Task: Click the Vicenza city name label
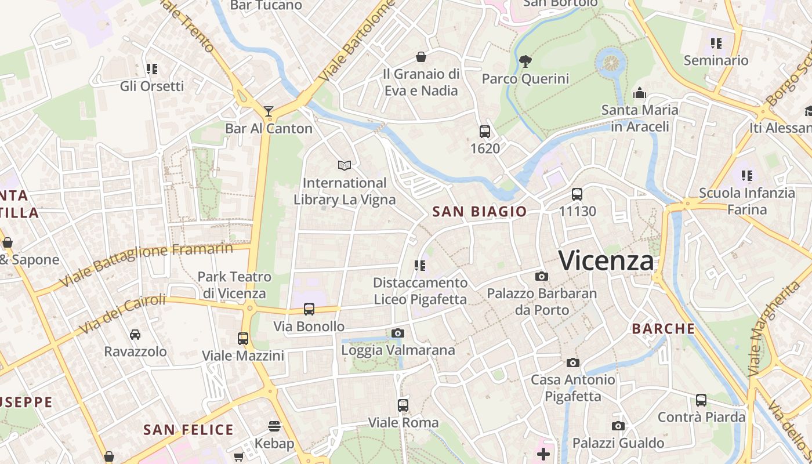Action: (x=606, y=260)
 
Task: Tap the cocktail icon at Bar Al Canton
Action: (x=269, y=111)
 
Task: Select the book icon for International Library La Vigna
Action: (x=345, y=165)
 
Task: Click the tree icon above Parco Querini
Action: (x=525, y=60)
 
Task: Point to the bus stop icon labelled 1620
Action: (x=485, y=131)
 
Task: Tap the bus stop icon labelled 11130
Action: (x=577, y=194)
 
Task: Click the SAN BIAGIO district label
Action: (x=479, y=212)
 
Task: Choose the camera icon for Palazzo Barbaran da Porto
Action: (x=542, y=276)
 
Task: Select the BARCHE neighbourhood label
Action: (x=663, y=329)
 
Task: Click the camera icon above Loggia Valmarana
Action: (x=397, y=333)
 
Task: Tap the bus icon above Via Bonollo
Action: (x=309, y=309)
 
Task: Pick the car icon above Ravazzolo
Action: (x=135, y=334)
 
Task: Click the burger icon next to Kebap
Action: (x=274, y=427)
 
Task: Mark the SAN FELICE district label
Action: (x=188, y=430)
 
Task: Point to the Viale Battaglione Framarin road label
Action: (x=146, y=264)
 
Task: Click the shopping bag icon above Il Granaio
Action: (x=421, y=57)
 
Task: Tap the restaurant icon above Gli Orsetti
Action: (x=152, y=69)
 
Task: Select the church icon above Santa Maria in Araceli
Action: (x=640, y=93)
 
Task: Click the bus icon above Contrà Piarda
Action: (x=701, y=400)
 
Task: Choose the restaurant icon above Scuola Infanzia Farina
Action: (x=746, y=175)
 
